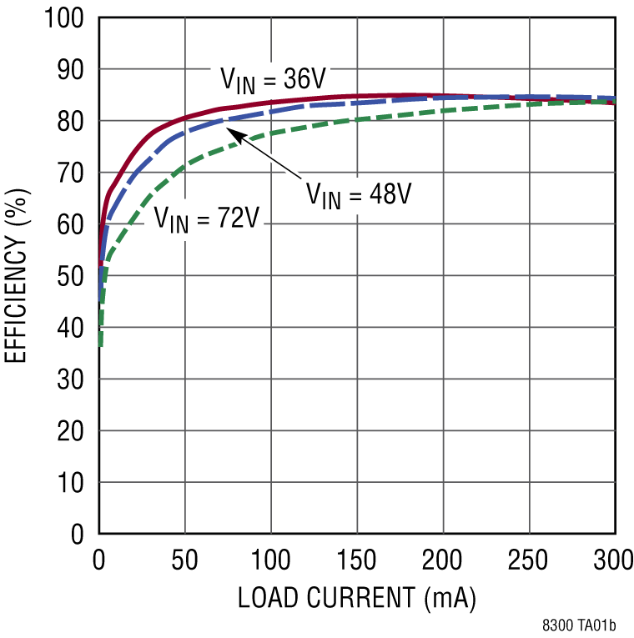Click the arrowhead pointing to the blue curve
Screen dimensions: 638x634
(237, 135)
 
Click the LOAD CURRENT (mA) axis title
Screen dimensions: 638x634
(357, 598)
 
